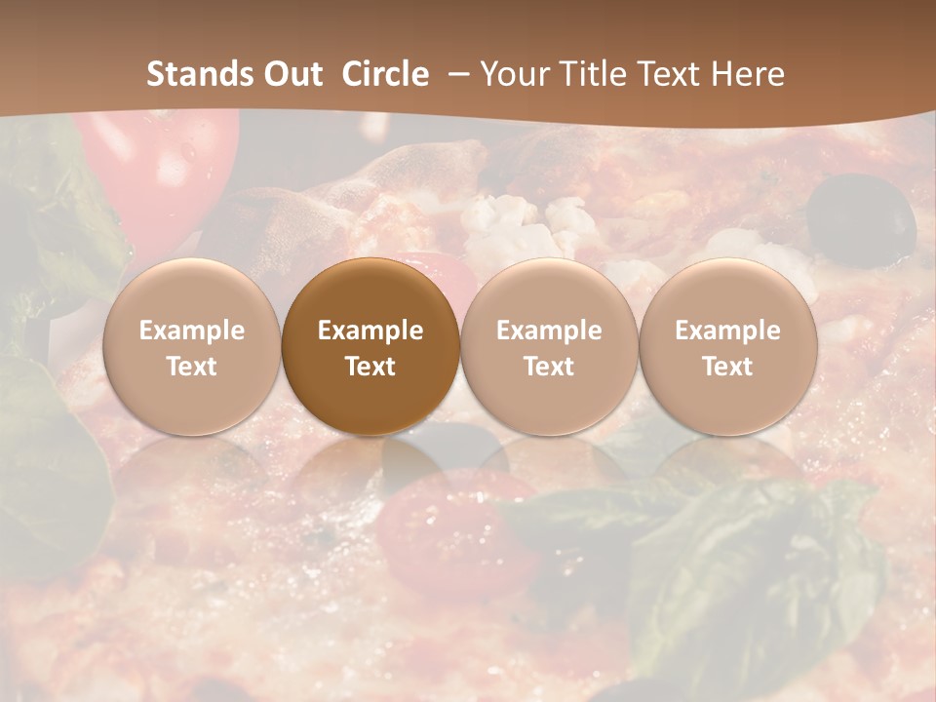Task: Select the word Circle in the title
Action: pos(385,74)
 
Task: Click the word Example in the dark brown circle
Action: pos(370,331)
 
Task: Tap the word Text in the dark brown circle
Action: pos(370,367)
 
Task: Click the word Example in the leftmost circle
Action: pos(191,331)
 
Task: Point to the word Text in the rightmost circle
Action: pos(727,367)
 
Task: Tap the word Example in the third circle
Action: pos(549,331)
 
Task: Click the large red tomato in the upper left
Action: pos(161,171)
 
